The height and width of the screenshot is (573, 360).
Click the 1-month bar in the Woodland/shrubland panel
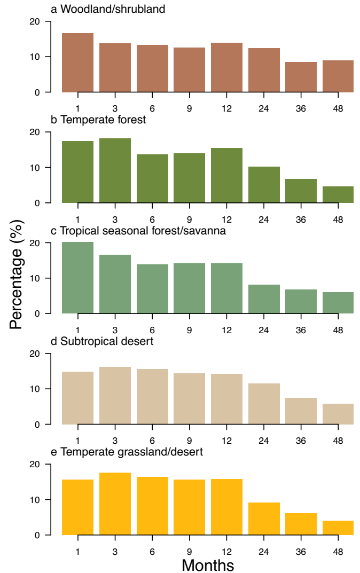(77, 63)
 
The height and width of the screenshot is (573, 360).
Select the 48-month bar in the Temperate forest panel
(338, 195)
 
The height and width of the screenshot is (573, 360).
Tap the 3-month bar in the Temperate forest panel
(115, 171)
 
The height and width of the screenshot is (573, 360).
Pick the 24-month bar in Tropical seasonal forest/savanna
(264, 299)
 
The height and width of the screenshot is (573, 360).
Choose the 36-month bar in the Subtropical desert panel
(301, 411)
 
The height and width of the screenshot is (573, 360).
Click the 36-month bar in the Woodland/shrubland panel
(301, 77)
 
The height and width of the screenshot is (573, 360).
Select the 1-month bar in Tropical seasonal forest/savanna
(77, 278)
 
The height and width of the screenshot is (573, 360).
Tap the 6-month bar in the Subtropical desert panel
(152, 397)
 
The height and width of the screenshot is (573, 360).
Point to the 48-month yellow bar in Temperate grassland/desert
(338, 528)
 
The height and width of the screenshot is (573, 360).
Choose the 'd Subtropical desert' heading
(101, 341)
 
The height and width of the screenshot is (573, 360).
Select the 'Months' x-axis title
(208, 565)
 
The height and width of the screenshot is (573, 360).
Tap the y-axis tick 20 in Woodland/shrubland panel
(35, 21)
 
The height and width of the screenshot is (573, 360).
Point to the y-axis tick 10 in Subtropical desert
(35, 389)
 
